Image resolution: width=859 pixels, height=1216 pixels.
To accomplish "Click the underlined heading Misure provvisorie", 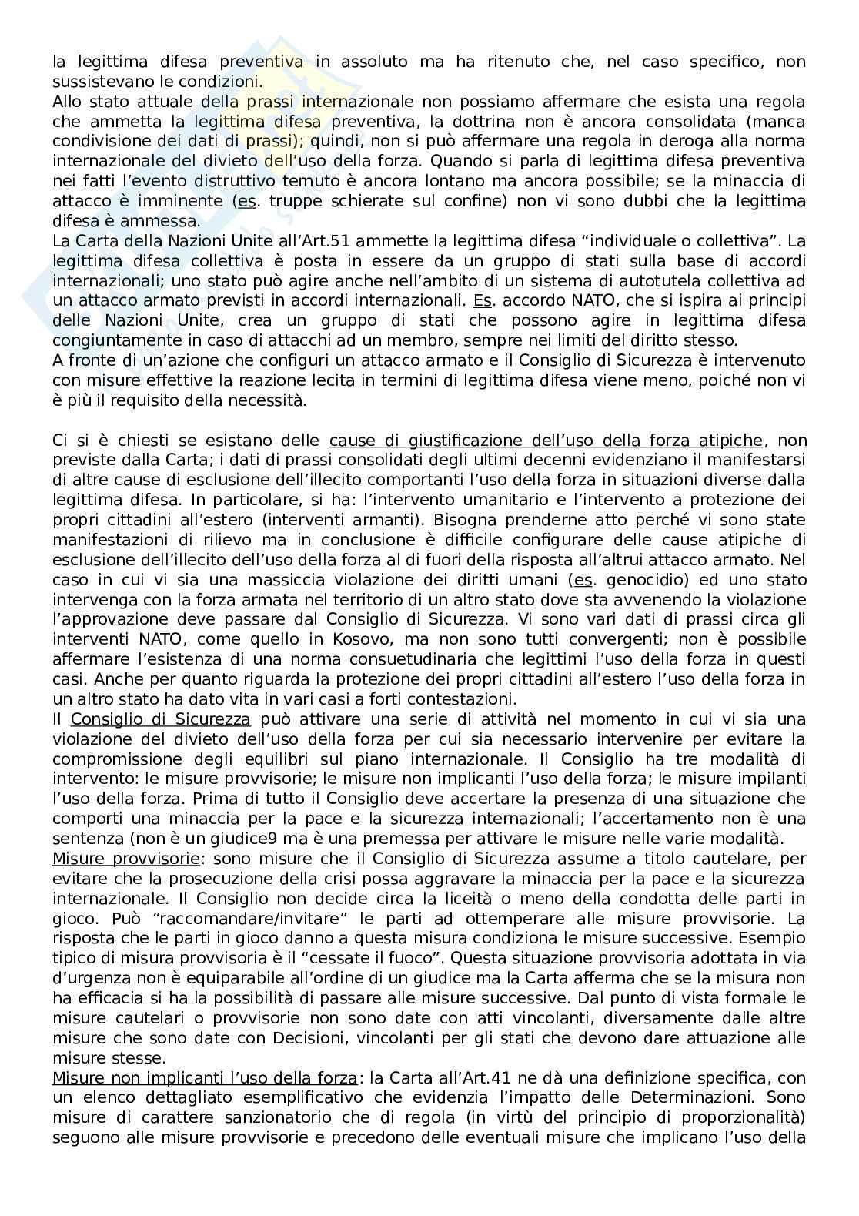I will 126,859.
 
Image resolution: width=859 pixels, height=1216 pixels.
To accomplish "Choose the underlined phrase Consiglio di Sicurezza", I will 160,719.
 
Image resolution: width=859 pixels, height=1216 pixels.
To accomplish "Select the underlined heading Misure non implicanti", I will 204,1079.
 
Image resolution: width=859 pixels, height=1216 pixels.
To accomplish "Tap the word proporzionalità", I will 744,1119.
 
